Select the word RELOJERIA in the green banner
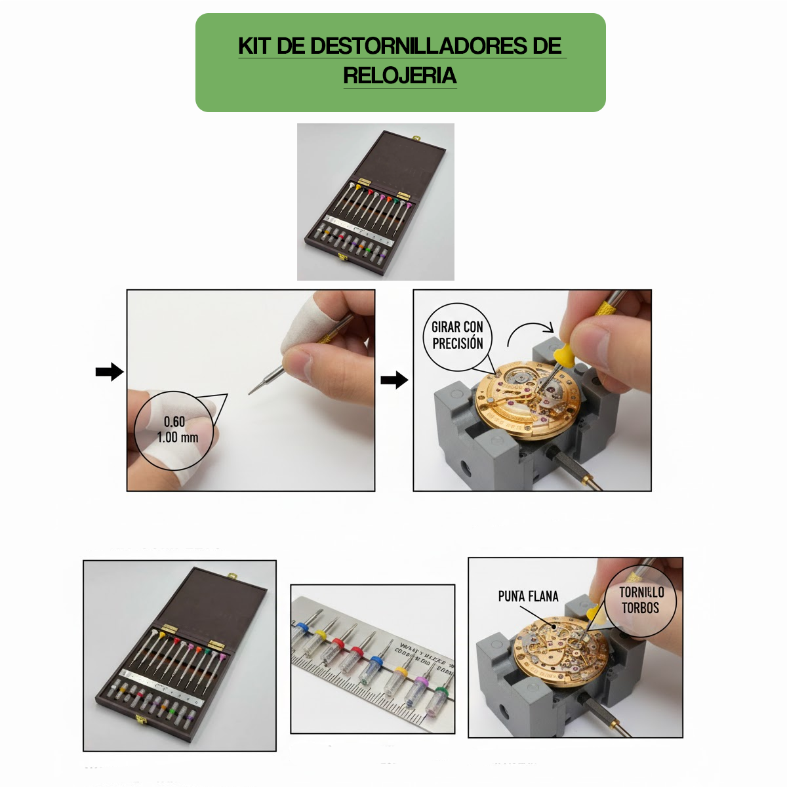(400, 75)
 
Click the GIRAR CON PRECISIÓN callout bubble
(458, 335)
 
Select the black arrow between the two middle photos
(394, 380)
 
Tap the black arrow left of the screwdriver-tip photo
(109, 372)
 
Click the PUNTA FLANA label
(528, 596)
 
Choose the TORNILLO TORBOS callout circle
(641, 600)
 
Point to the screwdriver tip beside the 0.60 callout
(253, 391)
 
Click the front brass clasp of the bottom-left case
(140, 719)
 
